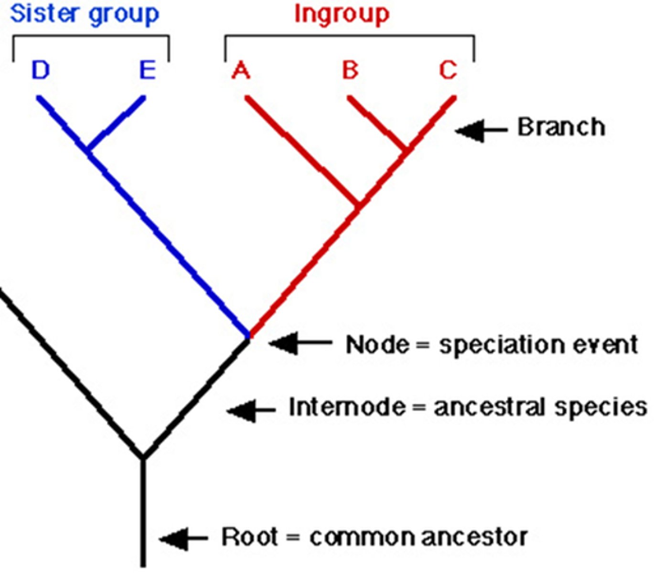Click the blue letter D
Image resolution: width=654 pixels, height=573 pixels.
click(41, 71)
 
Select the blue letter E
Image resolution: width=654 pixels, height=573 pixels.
click(148, 71)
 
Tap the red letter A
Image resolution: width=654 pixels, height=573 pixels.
click(241, 71)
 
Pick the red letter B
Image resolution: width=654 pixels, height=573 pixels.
click(350, 71)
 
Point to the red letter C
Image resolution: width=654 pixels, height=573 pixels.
click(448, 71)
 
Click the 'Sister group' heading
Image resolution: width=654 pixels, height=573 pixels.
click(85, 14)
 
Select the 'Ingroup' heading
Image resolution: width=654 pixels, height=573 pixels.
click(342, 14)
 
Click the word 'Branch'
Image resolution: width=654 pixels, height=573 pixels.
click(561, 127)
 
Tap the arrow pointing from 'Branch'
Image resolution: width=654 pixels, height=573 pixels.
click(480, 130)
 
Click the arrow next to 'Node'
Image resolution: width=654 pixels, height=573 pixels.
click(300, 343)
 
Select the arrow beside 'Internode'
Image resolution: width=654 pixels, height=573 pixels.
click(251, 410)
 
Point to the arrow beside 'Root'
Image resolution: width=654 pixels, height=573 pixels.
click(183, 539)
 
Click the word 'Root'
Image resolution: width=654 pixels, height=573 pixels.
click(250, 537)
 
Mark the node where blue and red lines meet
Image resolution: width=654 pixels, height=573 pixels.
click(248, 336)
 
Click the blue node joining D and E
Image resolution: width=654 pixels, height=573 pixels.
click(87, 151)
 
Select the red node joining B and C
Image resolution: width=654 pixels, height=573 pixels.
click(407, 150)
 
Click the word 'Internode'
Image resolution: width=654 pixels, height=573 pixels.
click(347, 408)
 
